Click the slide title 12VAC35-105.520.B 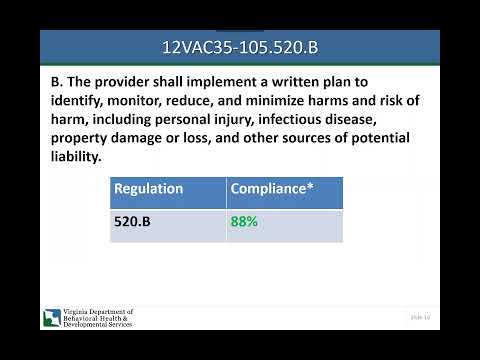coord(240,47)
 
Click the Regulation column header coord(148,188)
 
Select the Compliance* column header coord(272,188)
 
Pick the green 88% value coord(244,221)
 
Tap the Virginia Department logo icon coord(50,319)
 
